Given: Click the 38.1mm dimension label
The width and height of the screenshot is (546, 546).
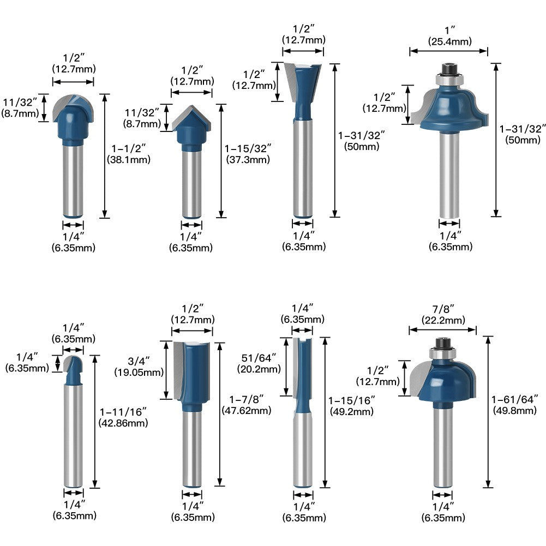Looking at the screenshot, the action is click(129, 160).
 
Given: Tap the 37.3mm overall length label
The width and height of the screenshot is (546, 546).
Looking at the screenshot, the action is click(248, 160).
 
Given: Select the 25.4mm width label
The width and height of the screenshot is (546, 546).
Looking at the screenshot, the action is click(449, 41).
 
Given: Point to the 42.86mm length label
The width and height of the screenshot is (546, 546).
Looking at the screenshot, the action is click(123, 423).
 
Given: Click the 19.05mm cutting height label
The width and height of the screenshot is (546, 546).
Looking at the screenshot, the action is click(139, 372).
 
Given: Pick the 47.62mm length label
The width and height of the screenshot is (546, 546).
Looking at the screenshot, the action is click(247, 410).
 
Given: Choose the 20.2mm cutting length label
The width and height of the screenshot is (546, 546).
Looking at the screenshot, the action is click(259, 369).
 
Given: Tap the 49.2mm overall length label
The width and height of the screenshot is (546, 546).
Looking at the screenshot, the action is click(352, 412).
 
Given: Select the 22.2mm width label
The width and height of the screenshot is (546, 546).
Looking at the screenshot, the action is click(443, 320).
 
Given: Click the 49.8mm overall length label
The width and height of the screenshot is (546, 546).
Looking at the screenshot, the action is click(515, 411).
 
